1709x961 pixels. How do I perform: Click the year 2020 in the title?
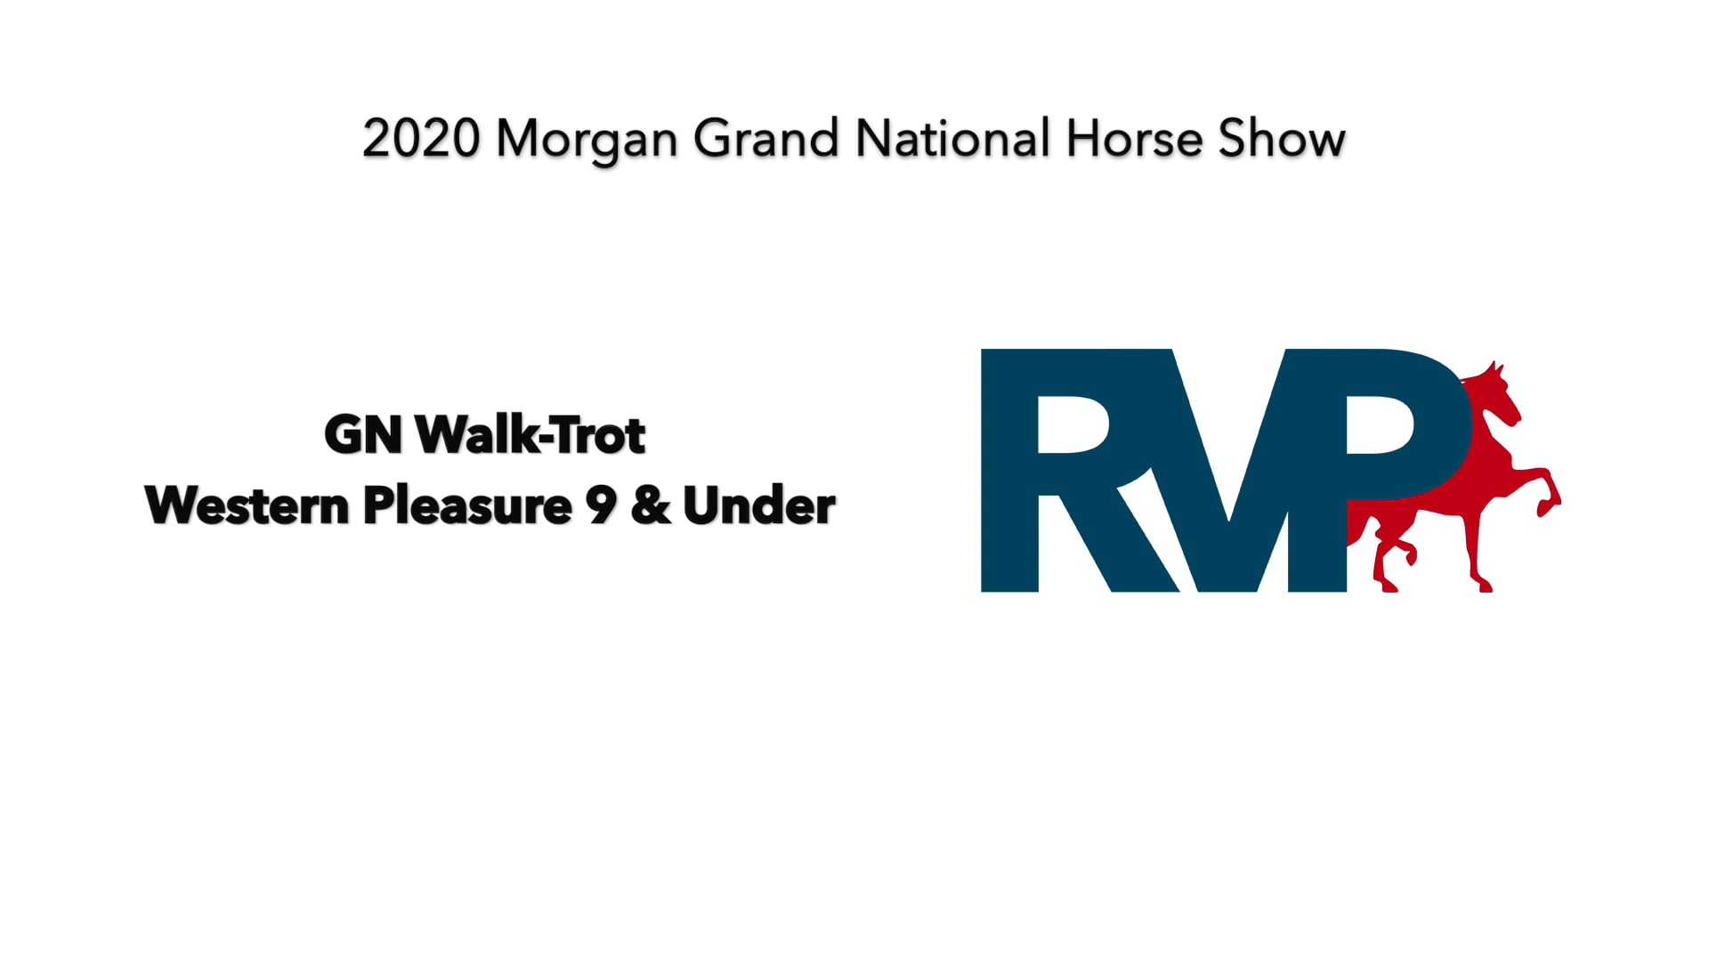[421, 140]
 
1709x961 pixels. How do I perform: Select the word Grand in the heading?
[765, 140]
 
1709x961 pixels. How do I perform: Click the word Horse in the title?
[1134, 140]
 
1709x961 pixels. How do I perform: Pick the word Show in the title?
[1281, 140]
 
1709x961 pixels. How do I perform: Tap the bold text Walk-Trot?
[531, 435]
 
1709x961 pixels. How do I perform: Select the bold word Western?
[247, 506]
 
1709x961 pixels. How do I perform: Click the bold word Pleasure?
[467, 506]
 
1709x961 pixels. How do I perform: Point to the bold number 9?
[601, 506]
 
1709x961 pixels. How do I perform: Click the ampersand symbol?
[650, 506]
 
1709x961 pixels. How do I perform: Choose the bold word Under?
[758, 506]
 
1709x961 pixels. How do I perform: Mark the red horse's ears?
[1497, 367]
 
